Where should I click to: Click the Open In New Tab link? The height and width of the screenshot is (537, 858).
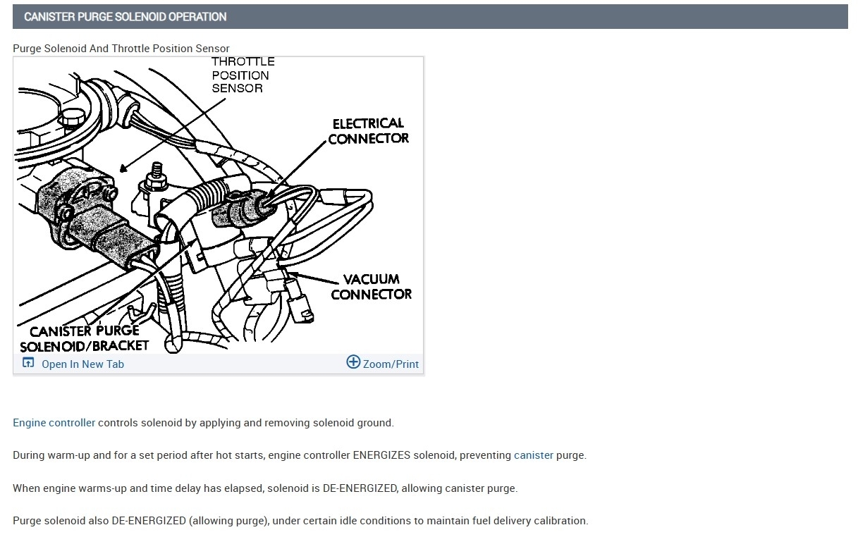[82, 364]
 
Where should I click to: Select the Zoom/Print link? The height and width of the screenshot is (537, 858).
[391, 364]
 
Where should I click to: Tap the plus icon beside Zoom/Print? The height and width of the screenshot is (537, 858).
[353, 363]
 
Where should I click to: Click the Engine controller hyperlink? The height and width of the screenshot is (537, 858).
[54, 423]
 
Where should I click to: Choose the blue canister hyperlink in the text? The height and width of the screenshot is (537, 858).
[533, 455]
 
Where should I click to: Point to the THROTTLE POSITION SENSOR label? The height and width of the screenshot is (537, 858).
[242, 75]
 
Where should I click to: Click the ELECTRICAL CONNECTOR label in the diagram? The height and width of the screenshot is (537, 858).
[368, 131]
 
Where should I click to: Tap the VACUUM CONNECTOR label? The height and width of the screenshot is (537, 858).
[371, 287]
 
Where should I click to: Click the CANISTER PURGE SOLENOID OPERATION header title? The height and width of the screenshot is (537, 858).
[125, 17]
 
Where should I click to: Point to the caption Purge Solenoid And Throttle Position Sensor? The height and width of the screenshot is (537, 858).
[121, 49]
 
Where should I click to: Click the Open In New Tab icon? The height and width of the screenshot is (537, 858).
[28, 363]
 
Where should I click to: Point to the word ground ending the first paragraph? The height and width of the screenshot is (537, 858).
[374, 423]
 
